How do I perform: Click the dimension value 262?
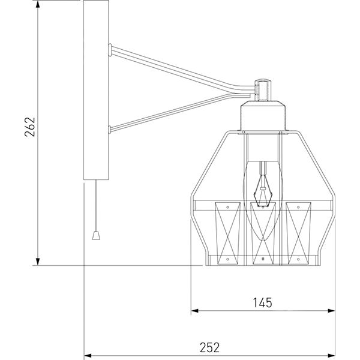[x=31, y=127]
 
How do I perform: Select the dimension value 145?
[x=263, y=302]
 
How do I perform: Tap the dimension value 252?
[x=209, y=346]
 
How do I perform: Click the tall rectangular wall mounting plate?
[x=96, y=90]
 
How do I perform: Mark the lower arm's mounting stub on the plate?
[x=110, y=128]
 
